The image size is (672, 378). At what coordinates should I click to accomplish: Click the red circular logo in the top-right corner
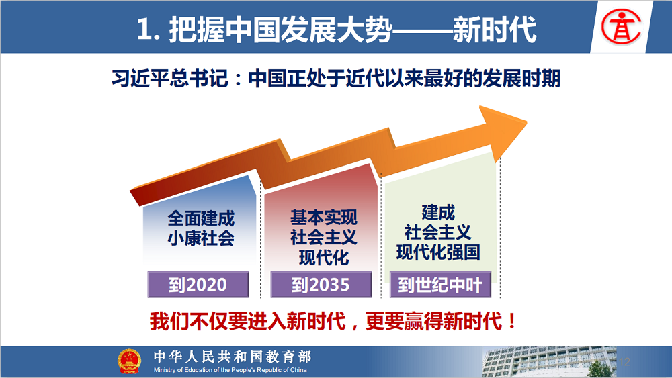point(621,27)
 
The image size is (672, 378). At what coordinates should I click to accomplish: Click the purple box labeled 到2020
point(198,284)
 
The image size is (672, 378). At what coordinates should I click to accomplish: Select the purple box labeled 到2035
point(321,284)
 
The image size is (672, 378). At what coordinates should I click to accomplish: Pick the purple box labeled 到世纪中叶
point(440,284)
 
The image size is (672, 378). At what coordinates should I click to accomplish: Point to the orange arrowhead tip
point(527,122)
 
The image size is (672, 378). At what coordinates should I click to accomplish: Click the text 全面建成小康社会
point(201,228)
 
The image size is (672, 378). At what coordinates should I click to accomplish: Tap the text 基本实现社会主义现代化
point(324,238)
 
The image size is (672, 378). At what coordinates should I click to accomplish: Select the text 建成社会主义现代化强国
point(438,232)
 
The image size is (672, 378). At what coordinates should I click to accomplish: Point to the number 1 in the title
point(144,30)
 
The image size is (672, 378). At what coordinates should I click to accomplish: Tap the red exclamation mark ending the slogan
point(511,321)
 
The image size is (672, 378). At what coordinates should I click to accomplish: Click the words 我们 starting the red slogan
point(169,321)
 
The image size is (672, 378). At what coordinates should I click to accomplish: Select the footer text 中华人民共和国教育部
point(233,356)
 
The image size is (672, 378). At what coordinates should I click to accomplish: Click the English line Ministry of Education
point(230,370)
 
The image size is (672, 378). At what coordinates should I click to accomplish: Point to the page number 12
point(624,362)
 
